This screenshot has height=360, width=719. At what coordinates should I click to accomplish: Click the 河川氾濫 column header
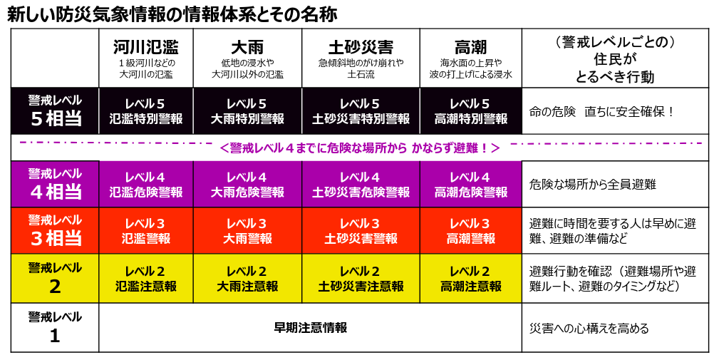tap(146, 47)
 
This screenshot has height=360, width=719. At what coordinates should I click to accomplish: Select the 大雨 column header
tap(247, 47)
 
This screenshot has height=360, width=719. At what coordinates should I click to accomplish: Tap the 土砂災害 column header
tap(361, 47)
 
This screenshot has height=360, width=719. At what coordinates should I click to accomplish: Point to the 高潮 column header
tap(470, 47)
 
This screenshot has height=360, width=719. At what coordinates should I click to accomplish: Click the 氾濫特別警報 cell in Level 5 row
tap(146, 111)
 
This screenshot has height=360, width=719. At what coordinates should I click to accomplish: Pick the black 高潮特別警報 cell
tap(471, 111)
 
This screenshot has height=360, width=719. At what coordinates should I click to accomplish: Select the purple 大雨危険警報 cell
tap(247, 185)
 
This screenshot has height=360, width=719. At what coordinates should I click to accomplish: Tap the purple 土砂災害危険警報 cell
tap(361, 185)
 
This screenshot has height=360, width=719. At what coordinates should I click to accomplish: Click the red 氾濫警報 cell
tap(146, 231)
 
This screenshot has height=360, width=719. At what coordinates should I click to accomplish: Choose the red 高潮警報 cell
tap(471, 231)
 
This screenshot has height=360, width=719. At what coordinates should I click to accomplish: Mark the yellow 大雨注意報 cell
tap(247, 278)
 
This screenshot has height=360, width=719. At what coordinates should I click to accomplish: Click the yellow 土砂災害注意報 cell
tap(361, 278)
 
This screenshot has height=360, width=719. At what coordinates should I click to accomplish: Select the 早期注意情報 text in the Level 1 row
tap(311, 328)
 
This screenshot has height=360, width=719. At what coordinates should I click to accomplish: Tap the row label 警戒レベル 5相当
tap(55, 111)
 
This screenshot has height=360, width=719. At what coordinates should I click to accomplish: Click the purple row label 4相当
tap(55, 185)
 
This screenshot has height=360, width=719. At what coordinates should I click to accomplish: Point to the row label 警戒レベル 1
tap(55, 327)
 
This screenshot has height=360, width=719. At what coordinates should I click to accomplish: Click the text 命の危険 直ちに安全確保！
tap(601, 112)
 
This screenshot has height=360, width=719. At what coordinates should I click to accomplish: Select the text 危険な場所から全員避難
tap(592, 185)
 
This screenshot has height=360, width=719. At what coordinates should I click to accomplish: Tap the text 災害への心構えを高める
tap(589, 329)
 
